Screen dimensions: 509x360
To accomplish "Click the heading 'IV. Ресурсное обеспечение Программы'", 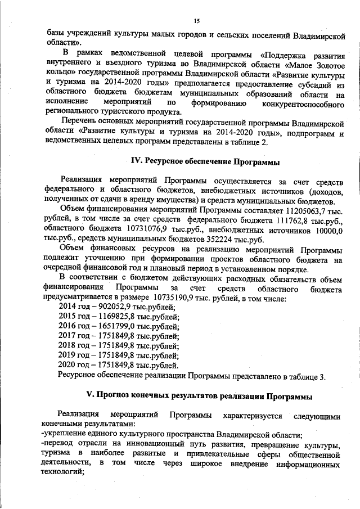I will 205,161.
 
